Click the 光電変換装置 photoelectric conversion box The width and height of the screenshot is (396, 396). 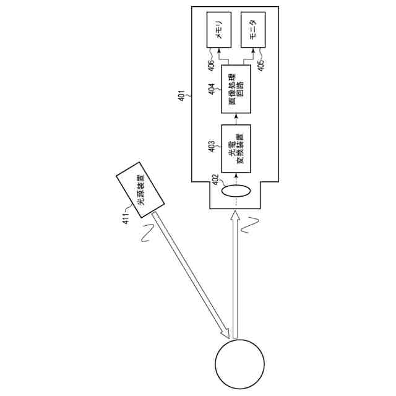click(x=236, y=148)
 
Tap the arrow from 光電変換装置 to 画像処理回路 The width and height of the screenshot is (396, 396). click(x=236, y=118)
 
